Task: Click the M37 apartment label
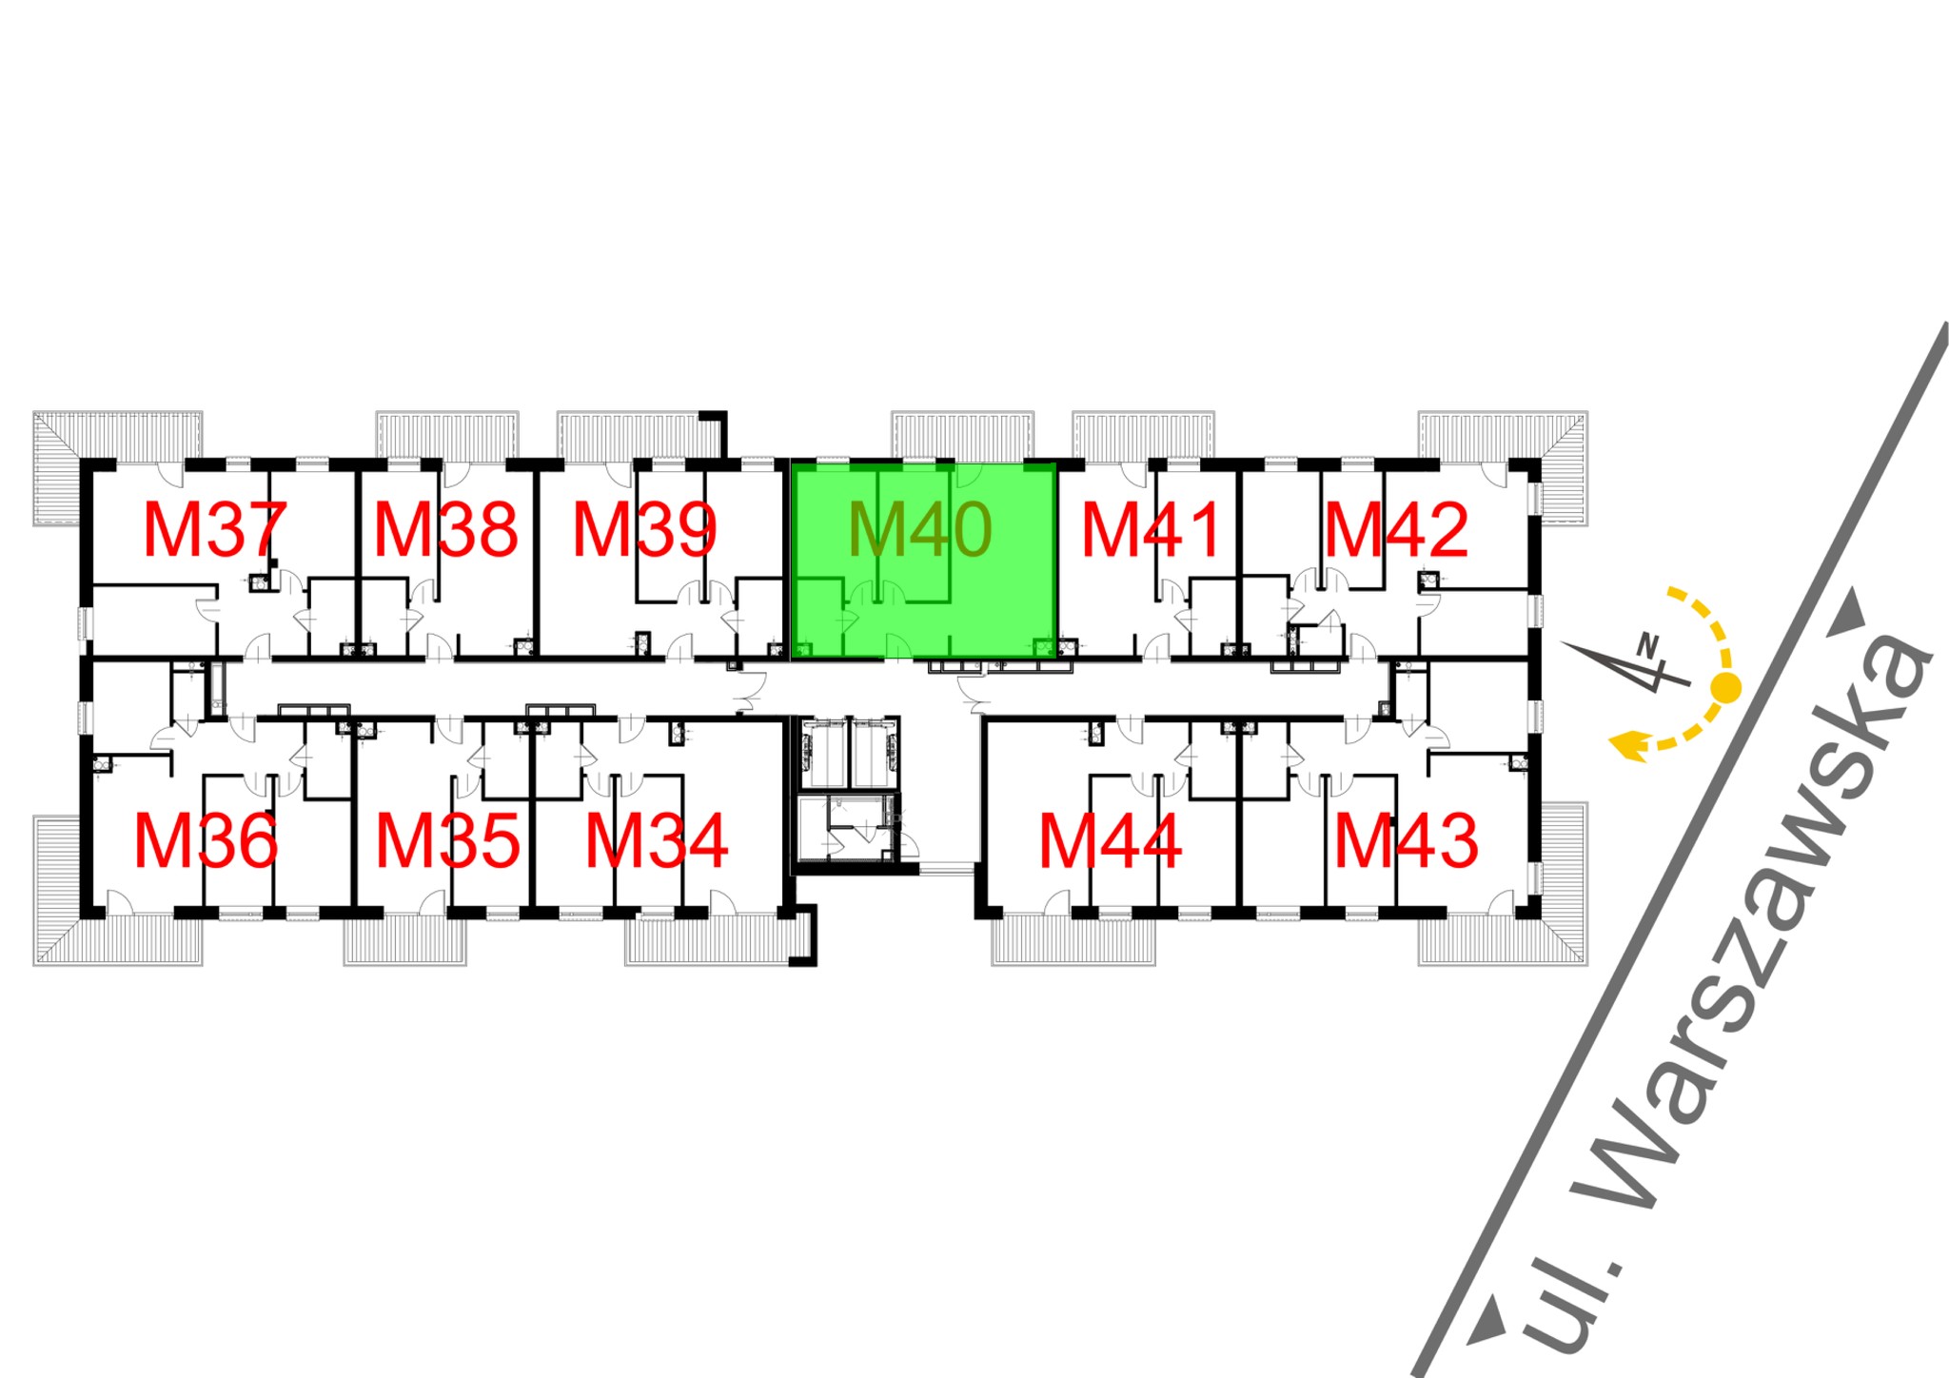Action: click(x=214, y=530)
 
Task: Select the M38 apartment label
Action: click(x=445, y=530)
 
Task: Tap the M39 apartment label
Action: click(x=644, y=530)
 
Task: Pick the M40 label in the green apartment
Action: click(x=919, y=530)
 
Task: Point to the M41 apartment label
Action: click(x=1152, y=530)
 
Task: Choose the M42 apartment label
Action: click(x=1396, y=530)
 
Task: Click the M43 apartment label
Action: click(x=1406, y=841)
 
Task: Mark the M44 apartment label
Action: click(x=1110, y=841)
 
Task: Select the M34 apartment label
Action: click(x=657, y=841)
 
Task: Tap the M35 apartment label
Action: click(x=447, y=841)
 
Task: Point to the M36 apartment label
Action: click(x=206, y=841)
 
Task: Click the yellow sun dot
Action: click(x=1725, y=686)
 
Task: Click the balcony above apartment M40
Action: click(x=962, y=435)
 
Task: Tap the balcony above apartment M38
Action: click(x=447, y=435)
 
